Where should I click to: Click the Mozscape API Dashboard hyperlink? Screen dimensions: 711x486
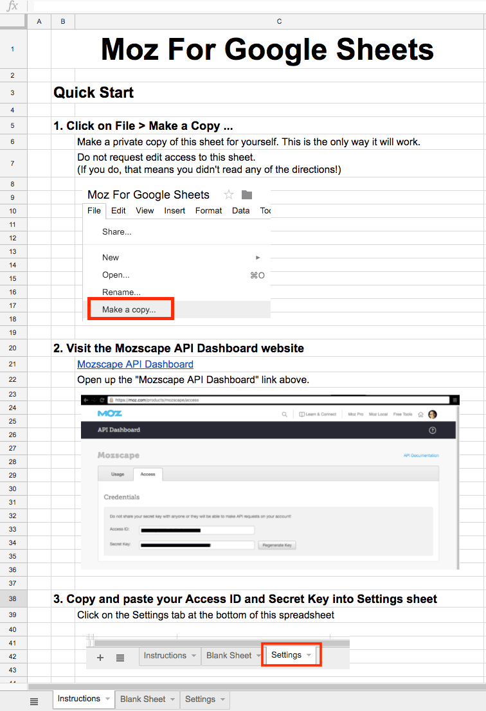[x=135, y=364]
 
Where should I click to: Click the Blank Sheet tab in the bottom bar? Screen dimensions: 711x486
[x=143, y=699]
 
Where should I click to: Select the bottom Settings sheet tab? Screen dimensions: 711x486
[x=200, y=699]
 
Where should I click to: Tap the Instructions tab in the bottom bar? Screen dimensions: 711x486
[x=79, y=699]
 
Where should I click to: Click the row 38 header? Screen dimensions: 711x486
[x=13, y=599]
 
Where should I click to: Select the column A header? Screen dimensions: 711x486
[x=39, y=22]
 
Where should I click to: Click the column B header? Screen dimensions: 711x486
[x=63, y=22]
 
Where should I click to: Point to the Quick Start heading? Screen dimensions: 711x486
[x=94, y=93]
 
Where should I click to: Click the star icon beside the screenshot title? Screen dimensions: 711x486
[x=228, y=195]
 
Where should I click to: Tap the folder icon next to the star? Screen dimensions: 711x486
[x=247, y=195]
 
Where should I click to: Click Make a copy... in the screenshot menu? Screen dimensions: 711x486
[x=129, y=309]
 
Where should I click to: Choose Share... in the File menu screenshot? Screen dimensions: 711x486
[x=117, y=231]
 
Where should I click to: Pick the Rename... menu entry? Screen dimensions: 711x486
[x=122, y=292]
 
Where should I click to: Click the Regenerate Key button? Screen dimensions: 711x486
[x=277, y=545]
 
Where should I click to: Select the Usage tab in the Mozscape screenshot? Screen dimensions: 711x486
[x=118, y=474]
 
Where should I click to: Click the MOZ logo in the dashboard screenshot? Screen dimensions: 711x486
[x=110, y=413]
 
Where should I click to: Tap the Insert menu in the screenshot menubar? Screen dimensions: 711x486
[x=175, y=210]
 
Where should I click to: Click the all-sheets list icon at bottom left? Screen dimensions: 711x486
[x=35, y=701]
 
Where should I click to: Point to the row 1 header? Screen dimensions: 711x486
[x=13, y=50]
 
